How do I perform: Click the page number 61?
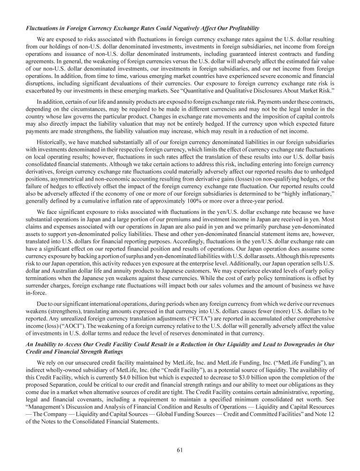180,450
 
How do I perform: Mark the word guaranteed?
258,55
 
